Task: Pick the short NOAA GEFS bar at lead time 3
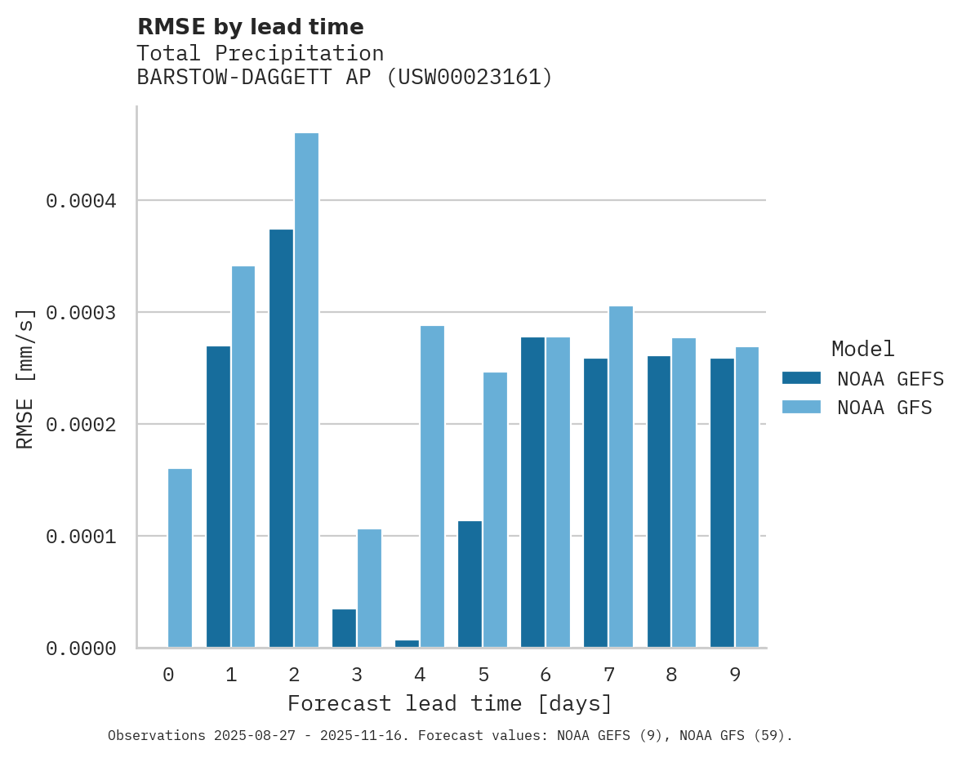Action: point(344,629)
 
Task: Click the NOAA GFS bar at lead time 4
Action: point(432,487)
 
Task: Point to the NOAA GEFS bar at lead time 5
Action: point(470,584)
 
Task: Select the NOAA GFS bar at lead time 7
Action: point(621,477)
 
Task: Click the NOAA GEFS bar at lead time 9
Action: point(722,503)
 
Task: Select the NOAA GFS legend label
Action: point(884,408)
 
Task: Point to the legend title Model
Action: point(862,350)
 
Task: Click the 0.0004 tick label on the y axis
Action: point(81,201)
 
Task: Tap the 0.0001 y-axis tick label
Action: point(81,537)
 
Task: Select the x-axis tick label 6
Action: point(546,676)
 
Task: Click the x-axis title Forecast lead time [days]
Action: point(450,704)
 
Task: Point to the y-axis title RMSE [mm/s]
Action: point(25,378)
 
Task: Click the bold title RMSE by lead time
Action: point(250,27)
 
